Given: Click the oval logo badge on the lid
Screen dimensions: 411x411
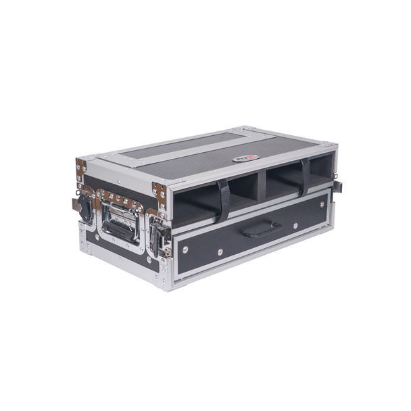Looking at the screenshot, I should click(247, 158).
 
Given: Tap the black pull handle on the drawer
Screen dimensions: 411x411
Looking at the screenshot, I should click(262, 230).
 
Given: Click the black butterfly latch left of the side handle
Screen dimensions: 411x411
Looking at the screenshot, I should click(85, 203).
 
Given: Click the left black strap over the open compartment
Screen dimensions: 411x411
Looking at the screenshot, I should click(222, 199).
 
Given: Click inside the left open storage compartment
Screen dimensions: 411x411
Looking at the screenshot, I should click(196, 203).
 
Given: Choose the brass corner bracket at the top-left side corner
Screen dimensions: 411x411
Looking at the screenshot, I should click(81, 169).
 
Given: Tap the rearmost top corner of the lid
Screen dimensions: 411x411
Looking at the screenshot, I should click(245, 128).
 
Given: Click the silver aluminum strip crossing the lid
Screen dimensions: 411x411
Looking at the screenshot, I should click(203, 152).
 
